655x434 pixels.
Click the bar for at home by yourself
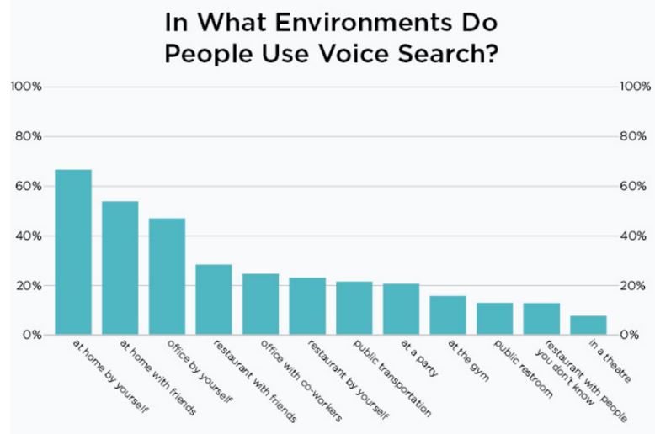[x=73, y=252]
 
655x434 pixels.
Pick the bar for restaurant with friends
[x=214, y=299]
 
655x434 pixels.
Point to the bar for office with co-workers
[x=260, y=304]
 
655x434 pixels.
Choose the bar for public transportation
[x=354, y=308]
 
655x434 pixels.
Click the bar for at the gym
[x=447, y=315]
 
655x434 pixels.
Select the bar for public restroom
[x=494, y=319]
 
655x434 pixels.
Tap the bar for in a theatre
[x=588, y=325]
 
